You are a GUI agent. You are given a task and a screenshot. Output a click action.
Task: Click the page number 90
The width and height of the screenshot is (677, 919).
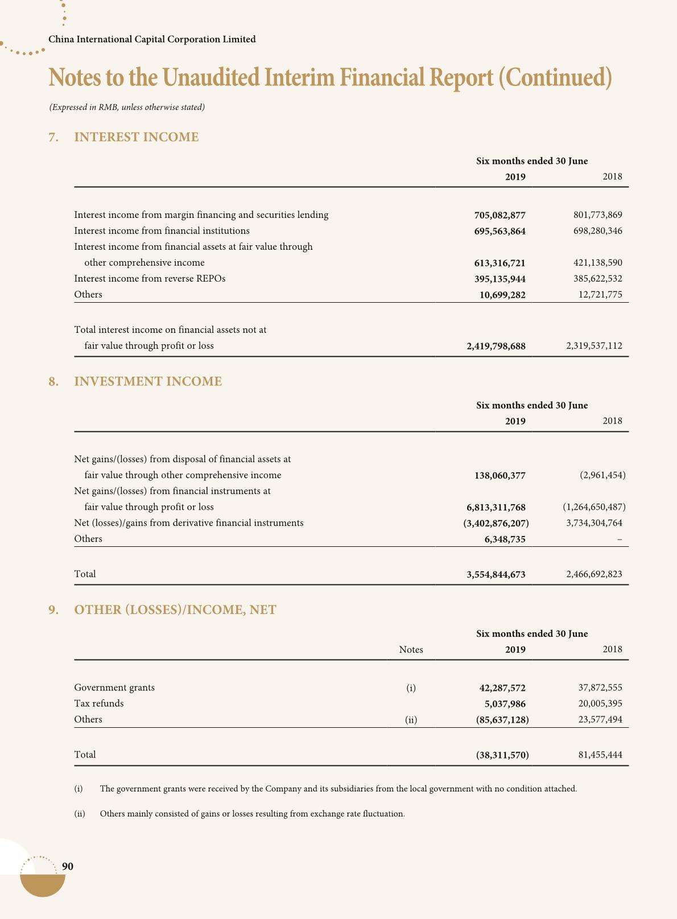click(x=67, y=867)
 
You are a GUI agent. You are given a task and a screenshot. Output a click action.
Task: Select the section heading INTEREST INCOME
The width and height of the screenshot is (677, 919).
click(x=137, y=137)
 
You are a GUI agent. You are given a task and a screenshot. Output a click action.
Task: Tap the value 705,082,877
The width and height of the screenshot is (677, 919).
click(x=500, y=215)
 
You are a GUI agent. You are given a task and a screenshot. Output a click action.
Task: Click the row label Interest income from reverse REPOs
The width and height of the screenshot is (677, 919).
click(x=150, y=279)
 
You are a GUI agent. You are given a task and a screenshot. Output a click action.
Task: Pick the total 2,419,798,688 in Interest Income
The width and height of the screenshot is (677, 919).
click(x=496, y=346)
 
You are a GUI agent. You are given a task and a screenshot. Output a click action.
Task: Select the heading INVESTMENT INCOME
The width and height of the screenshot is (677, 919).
click(x=148, y=381)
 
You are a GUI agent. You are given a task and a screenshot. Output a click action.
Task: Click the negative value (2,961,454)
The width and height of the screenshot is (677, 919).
click(x=602, y=475)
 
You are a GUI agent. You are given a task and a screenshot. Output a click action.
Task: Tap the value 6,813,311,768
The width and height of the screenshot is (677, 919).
click(x=496, y=508)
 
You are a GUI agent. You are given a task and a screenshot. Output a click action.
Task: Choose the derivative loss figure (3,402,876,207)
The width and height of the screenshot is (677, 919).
click(x=496, y=523)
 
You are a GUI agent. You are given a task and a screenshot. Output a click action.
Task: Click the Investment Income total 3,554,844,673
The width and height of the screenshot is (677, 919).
click(x=496, y=575)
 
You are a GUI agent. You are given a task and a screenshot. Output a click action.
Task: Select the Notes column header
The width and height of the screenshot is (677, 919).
click(x=411, y=650)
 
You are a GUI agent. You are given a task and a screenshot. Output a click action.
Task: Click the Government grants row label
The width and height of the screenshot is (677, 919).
click(x=114, y=687)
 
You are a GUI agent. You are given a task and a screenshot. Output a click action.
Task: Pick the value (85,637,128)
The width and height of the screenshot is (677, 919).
click(x=502, y=720)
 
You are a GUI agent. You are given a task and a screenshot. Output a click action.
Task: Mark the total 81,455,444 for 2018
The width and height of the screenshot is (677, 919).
click(x=600, y=755)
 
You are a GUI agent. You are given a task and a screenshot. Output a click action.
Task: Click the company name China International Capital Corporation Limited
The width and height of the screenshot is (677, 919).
click(x=152, y=39)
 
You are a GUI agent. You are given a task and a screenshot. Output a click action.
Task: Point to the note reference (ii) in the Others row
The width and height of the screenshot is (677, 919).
click(x=411, y=720)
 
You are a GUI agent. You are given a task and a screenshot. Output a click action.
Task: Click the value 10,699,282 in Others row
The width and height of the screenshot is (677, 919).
click(x=502, y=295)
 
